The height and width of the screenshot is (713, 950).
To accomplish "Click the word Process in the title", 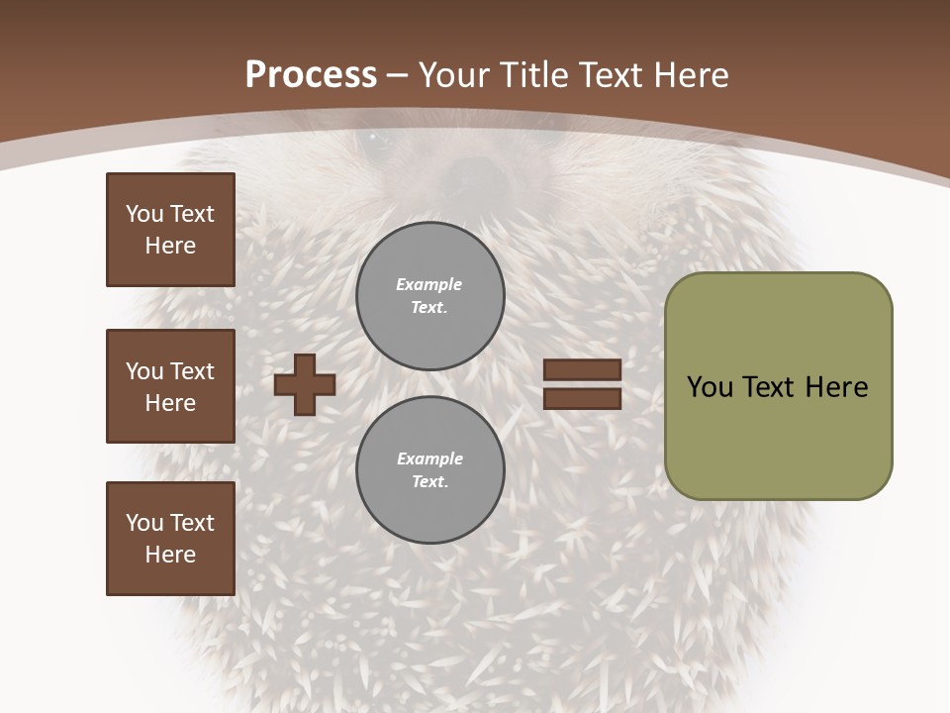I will [311, 75].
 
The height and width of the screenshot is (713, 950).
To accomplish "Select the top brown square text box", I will [170, 230].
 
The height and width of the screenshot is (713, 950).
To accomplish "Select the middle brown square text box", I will [170, 386].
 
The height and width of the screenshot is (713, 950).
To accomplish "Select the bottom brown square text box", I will [170, 539].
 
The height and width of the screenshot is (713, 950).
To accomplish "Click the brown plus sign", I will [305, 384].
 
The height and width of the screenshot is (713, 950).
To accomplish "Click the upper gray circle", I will [429, 296].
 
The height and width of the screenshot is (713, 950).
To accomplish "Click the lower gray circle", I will [429, 470].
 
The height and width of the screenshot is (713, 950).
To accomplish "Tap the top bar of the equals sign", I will [582, 369].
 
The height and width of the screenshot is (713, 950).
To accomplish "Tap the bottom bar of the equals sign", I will [582, 399].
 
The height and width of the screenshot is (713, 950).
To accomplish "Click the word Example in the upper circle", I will [429, 284].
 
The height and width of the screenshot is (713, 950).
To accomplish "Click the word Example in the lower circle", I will [429, 458].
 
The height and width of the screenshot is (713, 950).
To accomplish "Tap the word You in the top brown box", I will [142, 214].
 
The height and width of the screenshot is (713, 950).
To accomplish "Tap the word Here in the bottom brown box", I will [170, 555].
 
